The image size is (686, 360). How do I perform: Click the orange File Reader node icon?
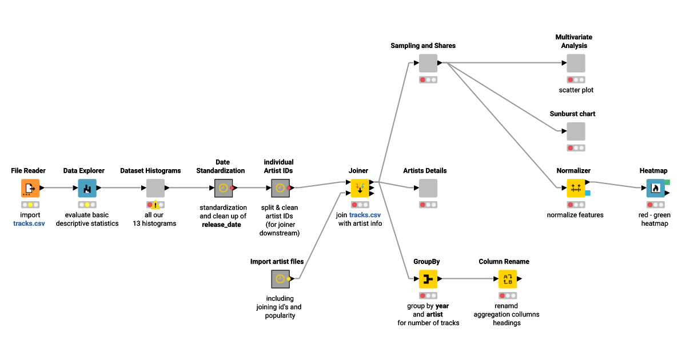[x=30, y=187]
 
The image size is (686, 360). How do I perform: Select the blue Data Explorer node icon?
[x=87, y=187]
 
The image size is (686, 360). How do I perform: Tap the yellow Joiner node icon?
[x=360, y=187]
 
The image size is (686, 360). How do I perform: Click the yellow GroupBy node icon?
[x=428, y=279]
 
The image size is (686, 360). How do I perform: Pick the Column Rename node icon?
[x=507, y=279]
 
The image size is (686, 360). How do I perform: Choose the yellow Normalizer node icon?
[x=576, y=187]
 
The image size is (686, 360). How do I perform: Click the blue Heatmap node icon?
[x=655, y=187]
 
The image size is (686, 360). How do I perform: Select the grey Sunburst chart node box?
[x=576, y=131]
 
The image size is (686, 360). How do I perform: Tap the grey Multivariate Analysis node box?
[x=576, y=63]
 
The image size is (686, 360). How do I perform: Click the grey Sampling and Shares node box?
[x=428, y=63]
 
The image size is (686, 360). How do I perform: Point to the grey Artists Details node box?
[x=428, y=187]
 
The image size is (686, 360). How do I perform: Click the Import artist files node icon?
[x=280, y=279]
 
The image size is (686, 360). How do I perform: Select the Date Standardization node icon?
[x=223, y=187]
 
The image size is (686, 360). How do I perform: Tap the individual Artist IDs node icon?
[x=280, y=187]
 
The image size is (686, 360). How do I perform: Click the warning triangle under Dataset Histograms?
[x=155, y=205]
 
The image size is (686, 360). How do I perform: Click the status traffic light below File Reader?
[x=30, y=205]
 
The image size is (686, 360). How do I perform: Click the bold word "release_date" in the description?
[x=222, y=225]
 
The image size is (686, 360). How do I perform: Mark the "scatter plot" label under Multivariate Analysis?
[x=576, y=90]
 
